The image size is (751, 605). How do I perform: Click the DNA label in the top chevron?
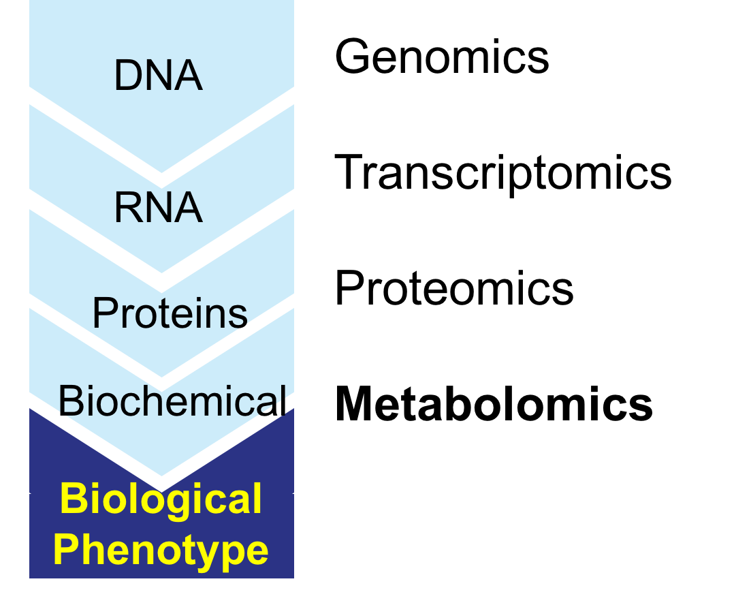159,75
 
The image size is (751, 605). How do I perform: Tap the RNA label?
159,208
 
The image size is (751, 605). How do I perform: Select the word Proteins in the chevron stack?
170,313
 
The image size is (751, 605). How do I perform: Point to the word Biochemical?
172,401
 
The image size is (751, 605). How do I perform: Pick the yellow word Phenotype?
161,550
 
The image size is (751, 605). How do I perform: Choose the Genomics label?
442,57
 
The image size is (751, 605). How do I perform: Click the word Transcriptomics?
503,173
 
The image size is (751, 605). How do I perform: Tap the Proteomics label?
454,288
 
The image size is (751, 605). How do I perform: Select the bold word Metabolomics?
494,404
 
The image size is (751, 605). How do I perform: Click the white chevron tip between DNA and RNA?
161,180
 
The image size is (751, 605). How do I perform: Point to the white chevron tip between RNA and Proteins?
161,283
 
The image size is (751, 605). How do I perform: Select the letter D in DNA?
129,75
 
